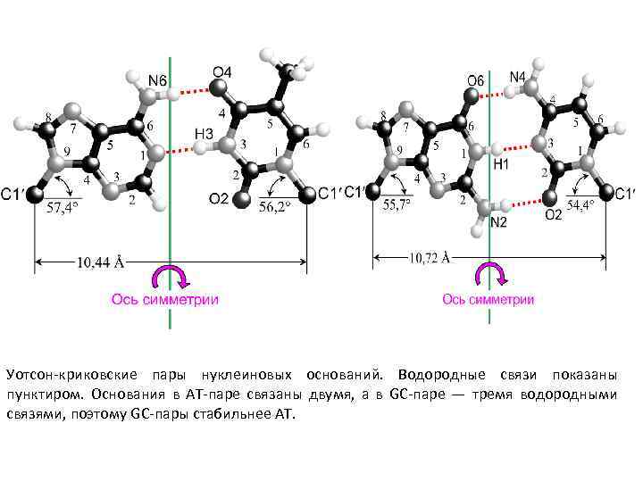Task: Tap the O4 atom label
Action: (x=221, y=71)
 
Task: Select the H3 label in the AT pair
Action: (x=204, y=133)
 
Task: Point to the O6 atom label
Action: (x=475, y=80)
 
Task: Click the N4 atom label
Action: (x=517, y=77)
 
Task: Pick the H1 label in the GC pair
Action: (x=501, y=165)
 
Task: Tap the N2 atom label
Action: (x=498, y=221)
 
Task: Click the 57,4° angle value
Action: (x=62, y=210)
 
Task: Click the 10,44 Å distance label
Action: (x=100, y=262)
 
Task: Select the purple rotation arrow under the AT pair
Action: (x=170, y=275)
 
